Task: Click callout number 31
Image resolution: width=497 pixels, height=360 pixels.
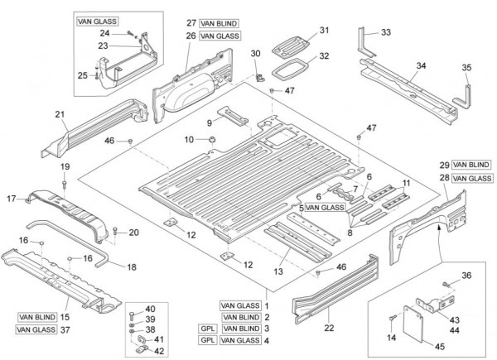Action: pos(325,31)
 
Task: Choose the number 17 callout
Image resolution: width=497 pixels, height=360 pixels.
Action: pos(12,198)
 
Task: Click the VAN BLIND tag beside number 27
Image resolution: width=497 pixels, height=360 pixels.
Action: pos(218,23)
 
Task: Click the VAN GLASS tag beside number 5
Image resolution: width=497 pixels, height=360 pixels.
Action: pos(324,208)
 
